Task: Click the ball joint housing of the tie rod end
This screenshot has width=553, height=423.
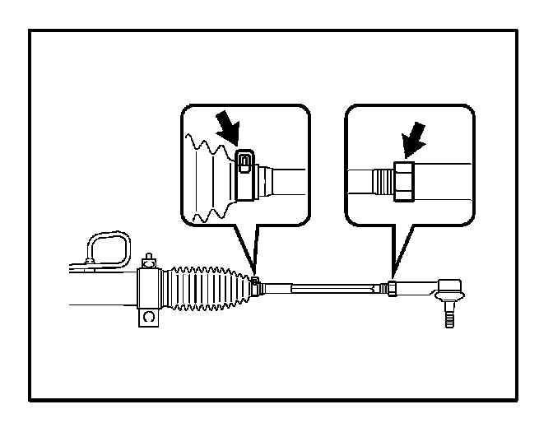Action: click(x=449, y=290)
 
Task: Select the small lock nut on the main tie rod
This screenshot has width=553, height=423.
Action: click(x=393, y=288)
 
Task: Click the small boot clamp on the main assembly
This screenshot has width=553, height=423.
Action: click(x=257, y=285)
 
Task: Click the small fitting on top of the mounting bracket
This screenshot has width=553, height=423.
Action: click(x=148, y=262)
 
